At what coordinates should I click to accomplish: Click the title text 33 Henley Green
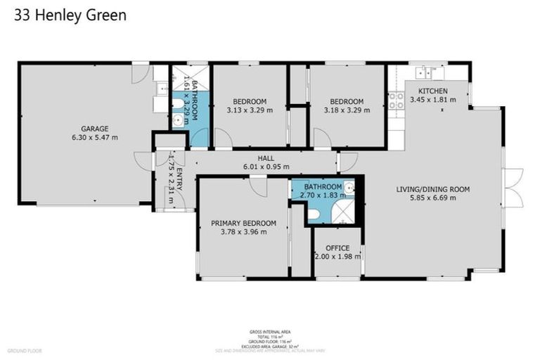[x=70, y=15]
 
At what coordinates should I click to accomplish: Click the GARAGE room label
[x=94, y=129]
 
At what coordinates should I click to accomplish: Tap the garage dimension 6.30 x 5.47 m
[x=94, y=137]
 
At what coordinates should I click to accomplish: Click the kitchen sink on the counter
[x=425, y=72]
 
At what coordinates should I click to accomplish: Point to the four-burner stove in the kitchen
[x=396, y=100]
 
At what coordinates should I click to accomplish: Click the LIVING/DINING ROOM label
[x=432, y=189]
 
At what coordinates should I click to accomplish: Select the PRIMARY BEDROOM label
[x=243, y=224]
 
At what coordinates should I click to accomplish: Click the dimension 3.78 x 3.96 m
[x=243, y=232]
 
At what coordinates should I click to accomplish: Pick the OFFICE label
[x=337, y=248]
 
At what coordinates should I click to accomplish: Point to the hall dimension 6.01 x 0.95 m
[x=266, y=167]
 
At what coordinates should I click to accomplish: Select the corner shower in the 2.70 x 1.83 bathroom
[x=343, y=210]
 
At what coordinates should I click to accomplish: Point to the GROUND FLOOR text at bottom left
[x=25, y=349]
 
